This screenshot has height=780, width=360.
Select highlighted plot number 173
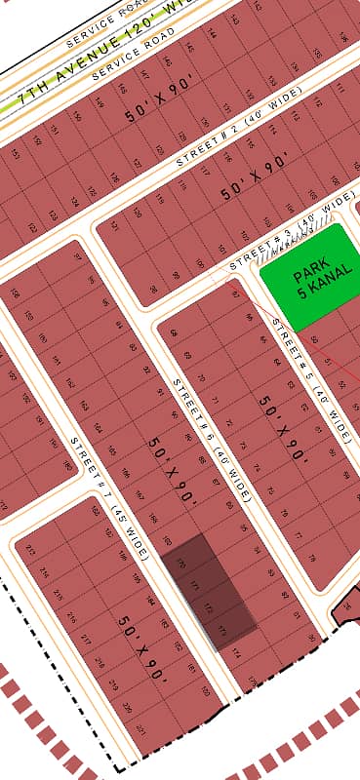pos(223,628)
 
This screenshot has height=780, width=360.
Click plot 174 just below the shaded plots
pos(238,650)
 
